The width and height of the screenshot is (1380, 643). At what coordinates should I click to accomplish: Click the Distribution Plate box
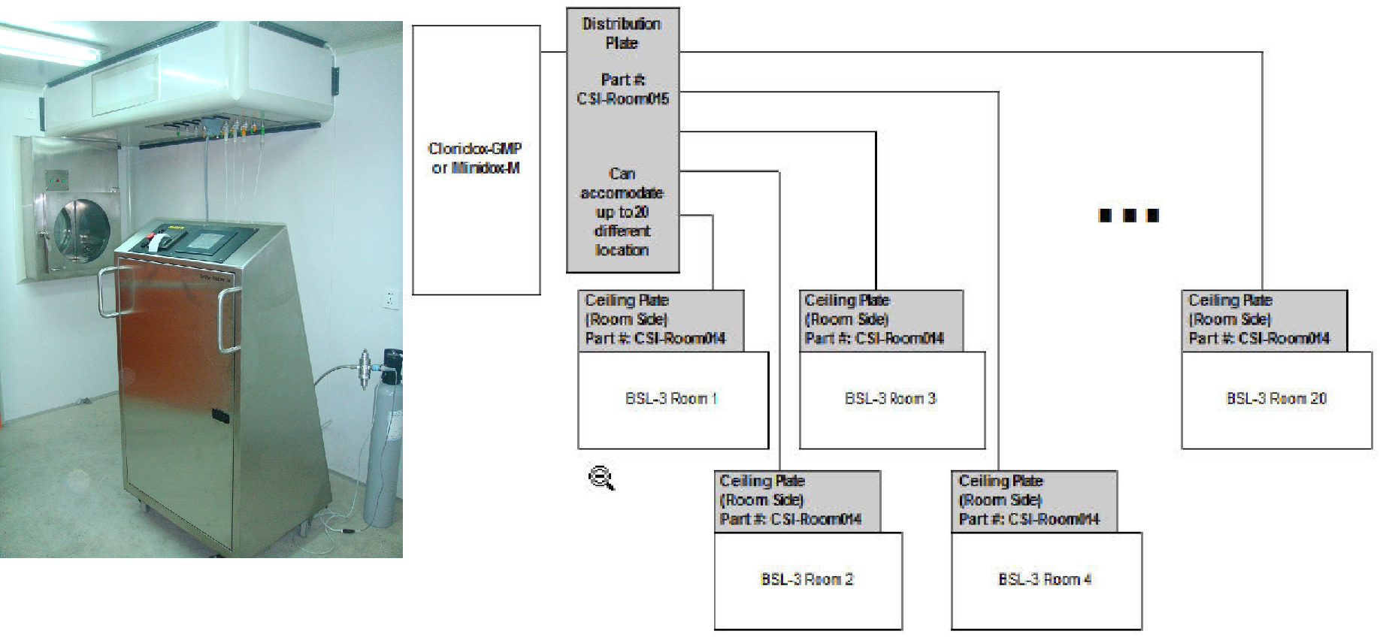622,140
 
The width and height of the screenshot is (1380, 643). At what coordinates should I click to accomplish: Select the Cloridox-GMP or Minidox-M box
476,159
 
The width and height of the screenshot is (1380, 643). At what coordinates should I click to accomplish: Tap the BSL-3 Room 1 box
673,400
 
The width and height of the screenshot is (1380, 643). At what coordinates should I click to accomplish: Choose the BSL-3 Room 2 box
807,580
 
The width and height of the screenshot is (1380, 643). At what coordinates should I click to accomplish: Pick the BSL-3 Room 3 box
891,400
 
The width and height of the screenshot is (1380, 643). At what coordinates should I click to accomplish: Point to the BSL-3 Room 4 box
1046,580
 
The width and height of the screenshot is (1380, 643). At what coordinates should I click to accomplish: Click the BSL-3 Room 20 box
1276,400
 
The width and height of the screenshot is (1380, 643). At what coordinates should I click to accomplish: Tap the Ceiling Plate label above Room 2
796,500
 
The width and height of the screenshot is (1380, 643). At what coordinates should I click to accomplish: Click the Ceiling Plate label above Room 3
880,320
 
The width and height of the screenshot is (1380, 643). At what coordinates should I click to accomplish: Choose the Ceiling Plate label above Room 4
1033,500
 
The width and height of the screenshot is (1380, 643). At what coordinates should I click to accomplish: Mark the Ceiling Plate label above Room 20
1263,320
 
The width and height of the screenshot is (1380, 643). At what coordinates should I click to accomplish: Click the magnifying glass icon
601,478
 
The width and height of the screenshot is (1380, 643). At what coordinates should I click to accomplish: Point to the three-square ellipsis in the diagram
1128,216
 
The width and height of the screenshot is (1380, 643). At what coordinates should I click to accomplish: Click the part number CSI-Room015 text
622,98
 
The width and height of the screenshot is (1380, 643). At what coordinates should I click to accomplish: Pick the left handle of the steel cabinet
106,294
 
